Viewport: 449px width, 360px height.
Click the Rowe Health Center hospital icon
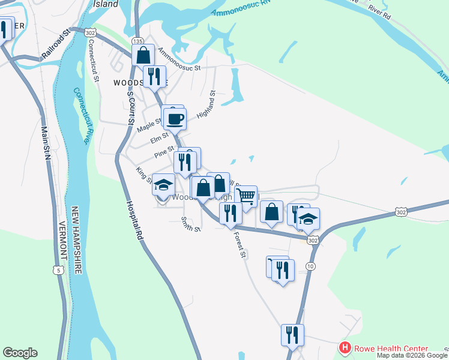345,348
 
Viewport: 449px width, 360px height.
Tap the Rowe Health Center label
390,348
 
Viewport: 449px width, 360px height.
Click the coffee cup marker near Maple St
175,119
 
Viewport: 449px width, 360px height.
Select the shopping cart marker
246,196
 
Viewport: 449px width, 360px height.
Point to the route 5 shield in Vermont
58,270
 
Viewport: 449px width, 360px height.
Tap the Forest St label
240,245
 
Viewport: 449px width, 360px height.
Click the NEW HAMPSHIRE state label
76,240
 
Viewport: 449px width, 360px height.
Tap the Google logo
20,353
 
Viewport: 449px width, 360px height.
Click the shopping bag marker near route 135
143,56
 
